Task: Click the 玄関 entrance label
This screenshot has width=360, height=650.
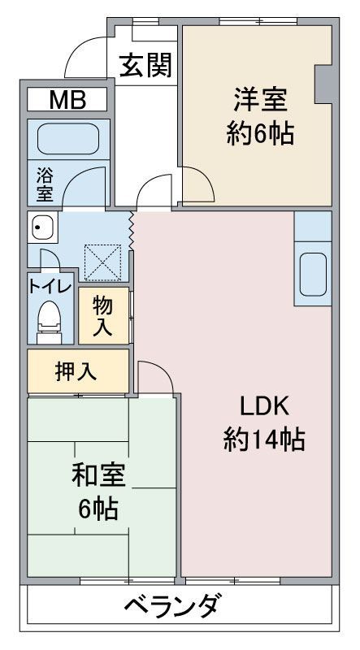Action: (145, 66)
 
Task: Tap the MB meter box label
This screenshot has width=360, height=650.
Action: (67, 99)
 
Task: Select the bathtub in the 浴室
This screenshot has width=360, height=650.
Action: (68, 138)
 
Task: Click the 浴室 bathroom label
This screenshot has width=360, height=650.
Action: (45, 184)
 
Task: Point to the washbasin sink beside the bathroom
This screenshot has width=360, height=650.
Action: (43, 227)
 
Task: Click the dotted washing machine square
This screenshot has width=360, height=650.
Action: (103, 262)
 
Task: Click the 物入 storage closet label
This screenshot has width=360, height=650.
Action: (102, 316)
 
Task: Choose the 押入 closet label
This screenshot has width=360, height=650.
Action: (76, 372)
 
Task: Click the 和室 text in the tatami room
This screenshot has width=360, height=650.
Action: (98, 475)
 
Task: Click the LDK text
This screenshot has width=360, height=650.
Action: (265, 407)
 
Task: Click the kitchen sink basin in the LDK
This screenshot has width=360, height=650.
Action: (313, 274)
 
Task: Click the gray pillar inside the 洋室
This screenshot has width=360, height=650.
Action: (324, 84)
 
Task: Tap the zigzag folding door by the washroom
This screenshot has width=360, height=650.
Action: (132, 231)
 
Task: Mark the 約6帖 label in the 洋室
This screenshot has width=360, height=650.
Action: (261, 133)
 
